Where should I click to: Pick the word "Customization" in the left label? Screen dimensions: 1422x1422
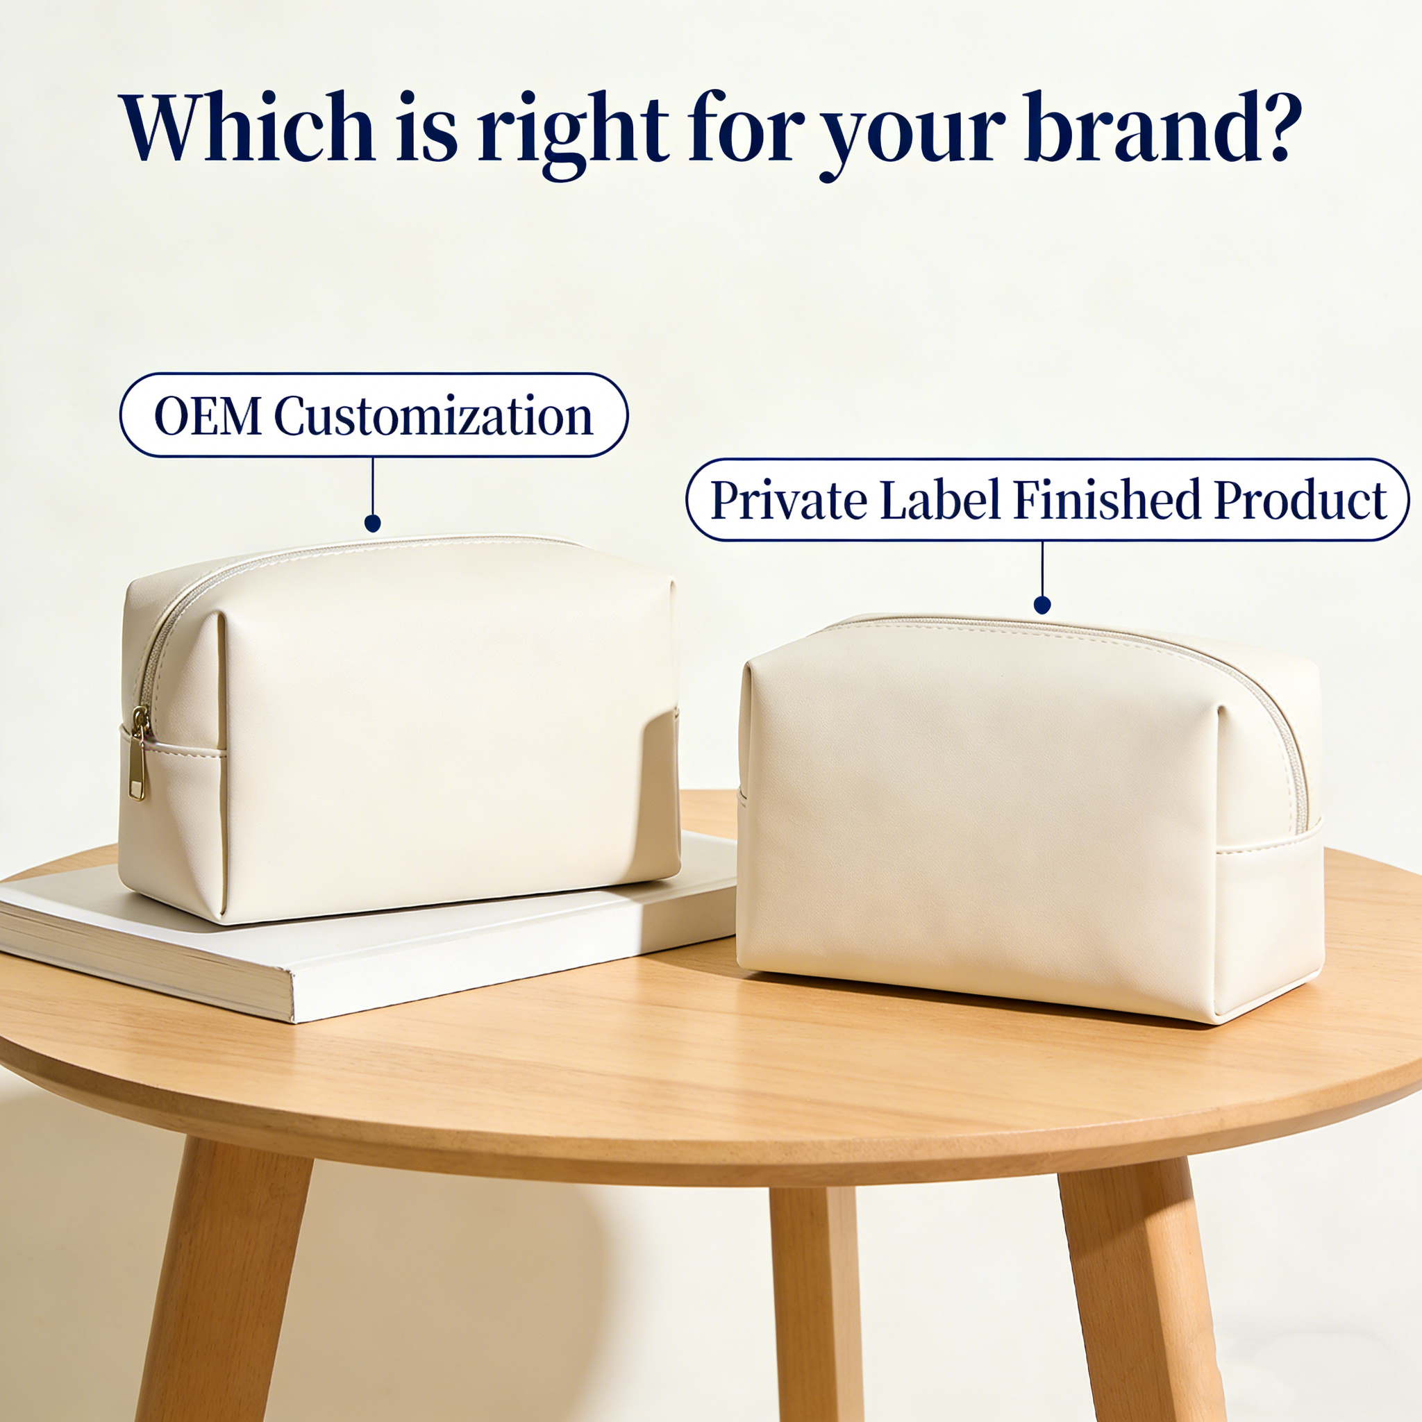point(433,416)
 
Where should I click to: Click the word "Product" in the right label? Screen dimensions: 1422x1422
point(1300,500)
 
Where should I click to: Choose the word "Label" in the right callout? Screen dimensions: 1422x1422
point(940,500)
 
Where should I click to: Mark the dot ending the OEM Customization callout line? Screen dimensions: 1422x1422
point(373,524)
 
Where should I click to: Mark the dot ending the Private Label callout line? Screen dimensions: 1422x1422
point(1042,605)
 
